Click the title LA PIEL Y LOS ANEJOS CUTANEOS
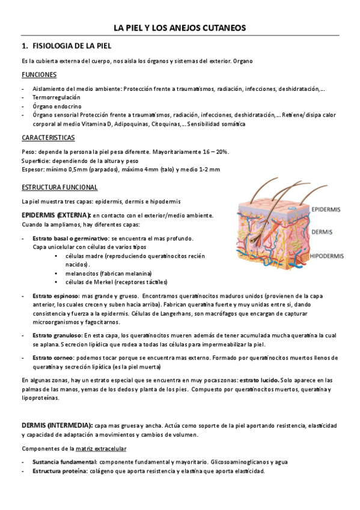click(180, 28)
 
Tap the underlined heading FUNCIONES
click(39, 75)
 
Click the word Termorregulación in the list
click(56, 97)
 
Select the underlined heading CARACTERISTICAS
click(47, 138)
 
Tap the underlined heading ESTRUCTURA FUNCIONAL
click(59, 187)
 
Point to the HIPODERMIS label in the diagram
click(327, 256)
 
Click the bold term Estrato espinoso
click(55, 296)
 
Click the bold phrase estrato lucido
click(258, 381)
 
